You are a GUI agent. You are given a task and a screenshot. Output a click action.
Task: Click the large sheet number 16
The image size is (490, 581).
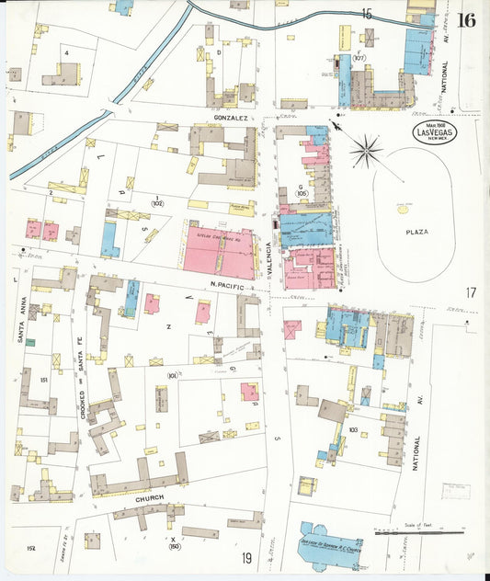click(466, 20)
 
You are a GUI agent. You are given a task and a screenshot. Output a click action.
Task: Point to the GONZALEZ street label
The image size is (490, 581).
click(232, 119)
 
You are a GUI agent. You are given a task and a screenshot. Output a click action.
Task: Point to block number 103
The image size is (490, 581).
click(352, 429)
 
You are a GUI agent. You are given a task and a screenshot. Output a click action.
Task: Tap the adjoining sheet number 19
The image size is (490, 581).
click(246, 557)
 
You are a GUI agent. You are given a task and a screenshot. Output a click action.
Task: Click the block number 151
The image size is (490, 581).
click(42, 379)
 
